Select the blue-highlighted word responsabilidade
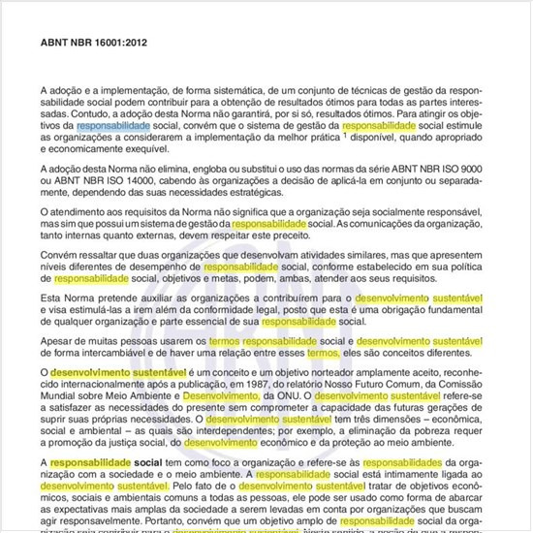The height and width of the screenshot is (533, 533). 113,126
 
